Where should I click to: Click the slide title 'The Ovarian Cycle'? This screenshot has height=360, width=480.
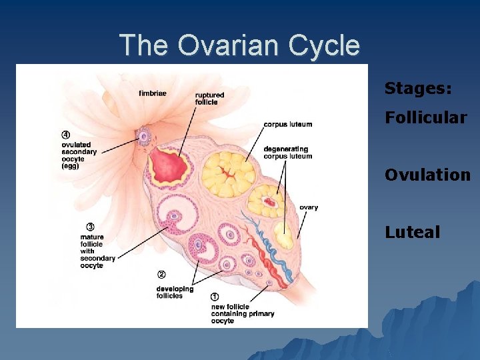(239, 46)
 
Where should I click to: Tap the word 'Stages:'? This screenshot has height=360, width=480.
(418, 88)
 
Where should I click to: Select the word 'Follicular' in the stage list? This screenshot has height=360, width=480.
(425, 118)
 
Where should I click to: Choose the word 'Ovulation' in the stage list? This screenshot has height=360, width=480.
(427, 175)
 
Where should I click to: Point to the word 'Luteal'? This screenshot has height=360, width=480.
(412, 232)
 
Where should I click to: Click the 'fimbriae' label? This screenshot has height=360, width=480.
(153, 93)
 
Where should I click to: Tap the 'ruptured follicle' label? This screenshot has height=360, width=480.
(209, 99)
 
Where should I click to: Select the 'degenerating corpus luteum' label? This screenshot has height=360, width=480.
(287, 153)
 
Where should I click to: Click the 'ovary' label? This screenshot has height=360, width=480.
(309, 207)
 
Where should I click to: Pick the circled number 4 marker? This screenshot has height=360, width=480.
(66, 135)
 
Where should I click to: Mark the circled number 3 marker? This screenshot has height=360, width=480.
(89, 227)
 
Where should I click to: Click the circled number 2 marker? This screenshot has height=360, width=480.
(161, 275)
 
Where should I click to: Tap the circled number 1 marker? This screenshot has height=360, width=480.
(215, 297)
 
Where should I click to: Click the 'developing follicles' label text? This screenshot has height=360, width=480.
(175, 292)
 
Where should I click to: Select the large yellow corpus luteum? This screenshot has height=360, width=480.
(229, 175)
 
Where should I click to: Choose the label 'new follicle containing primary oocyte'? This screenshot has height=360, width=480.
(242, 314)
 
